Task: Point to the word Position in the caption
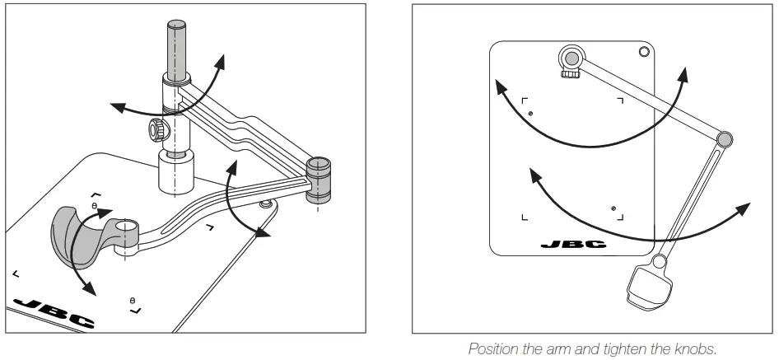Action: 493,348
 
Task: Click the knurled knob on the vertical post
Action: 156,129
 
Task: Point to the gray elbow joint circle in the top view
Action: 724,139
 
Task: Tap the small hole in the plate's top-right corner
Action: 643,53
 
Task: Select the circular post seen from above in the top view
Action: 571,58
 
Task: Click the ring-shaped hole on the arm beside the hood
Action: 127,226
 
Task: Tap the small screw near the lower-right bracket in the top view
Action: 613,208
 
